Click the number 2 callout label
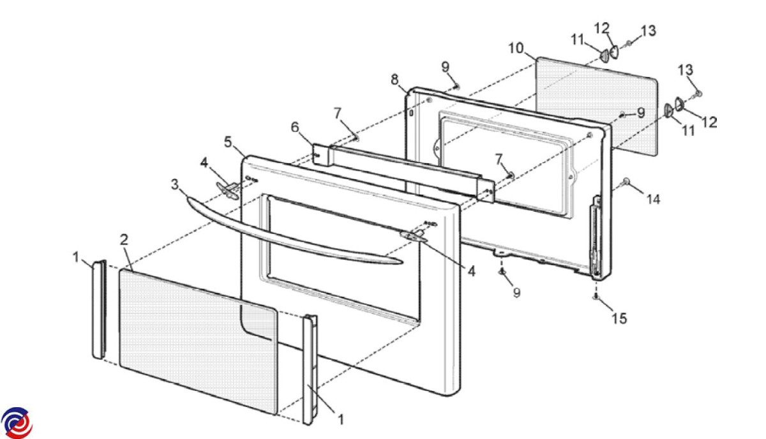(x=124, y=241)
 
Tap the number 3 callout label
(x=175, y=185)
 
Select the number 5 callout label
(x=228, y=142)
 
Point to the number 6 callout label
(x=295, y=127)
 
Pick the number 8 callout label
(x=395, y=79)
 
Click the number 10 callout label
(x=516, y=48)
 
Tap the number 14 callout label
(x=652, y=199)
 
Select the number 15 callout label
(x=619, y=318)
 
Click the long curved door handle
(x=287, y=236)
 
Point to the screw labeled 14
(x=627, y=182)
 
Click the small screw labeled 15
(x=596, y=297)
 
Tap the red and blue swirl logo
(x=17, y=422)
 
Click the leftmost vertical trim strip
(x=98, y=309)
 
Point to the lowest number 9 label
(x=516, y=293)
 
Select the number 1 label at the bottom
(x=340, y=419)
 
